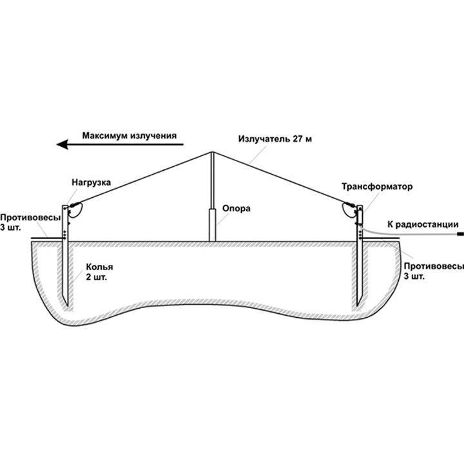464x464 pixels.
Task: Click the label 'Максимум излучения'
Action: [129, 136]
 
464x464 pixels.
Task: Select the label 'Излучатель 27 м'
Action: [275, 139]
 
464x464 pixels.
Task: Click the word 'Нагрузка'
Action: [91, 182]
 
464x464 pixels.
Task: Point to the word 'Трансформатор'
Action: [377, 186]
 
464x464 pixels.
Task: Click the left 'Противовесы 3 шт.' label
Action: [24, 223]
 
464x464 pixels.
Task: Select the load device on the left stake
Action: [75, 209]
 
